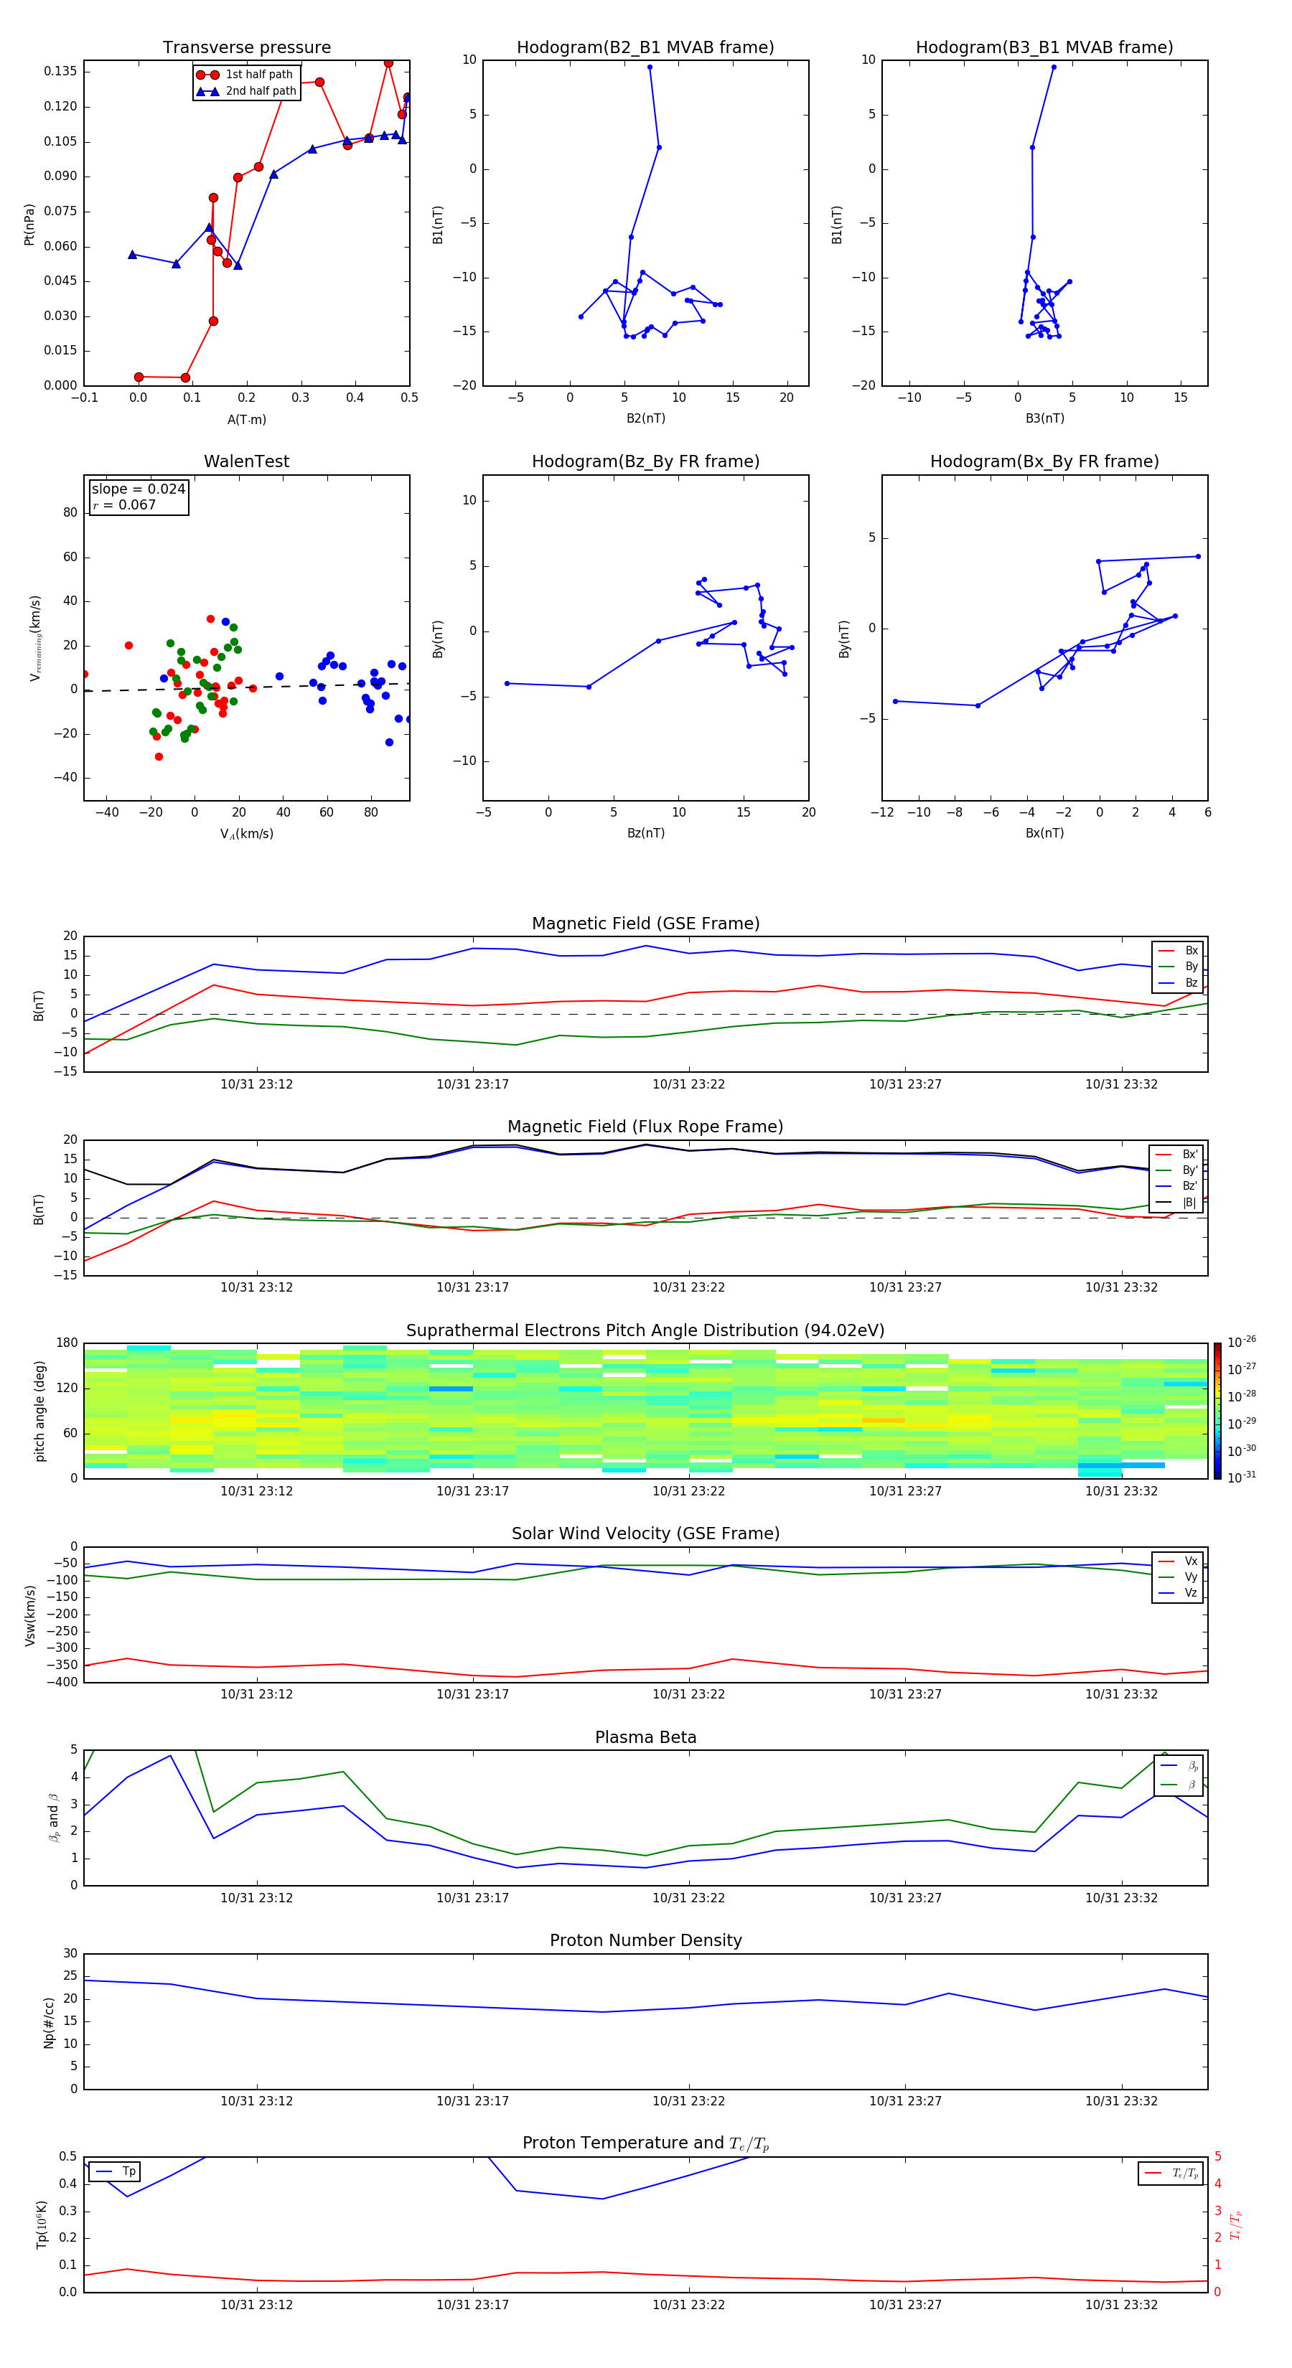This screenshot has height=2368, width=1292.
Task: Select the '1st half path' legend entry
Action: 258,75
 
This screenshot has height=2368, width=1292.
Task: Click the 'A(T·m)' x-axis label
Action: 246,420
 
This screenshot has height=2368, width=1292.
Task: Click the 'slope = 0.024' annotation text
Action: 138,489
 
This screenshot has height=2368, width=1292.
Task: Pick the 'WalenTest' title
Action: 246,461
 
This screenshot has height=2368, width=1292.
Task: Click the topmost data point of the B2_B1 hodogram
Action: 649,67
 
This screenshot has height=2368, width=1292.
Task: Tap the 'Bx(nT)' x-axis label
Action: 1044,833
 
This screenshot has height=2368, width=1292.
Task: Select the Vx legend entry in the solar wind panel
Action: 1190,1561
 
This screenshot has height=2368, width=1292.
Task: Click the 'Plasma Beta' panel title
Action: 645,1737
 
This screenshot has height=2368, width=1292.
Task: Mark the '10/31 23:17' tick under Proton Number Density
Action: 472,2100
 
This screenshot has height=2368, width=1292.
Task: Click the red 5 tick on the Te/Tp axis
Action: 1217,2156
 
